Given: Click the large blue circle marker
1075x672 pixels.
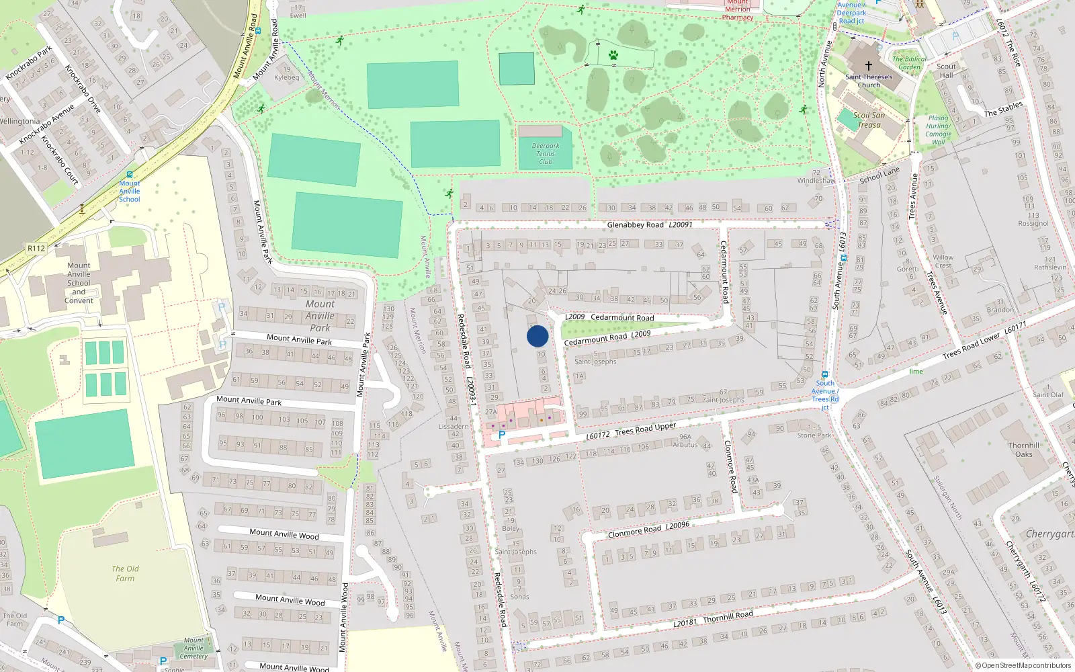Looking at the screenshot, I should click(537, 336).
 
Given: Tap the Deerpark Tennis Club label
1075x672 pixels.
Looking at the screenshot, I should click(546, 154).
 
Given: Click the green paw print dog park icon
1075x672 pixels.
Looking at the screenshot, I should click(613, 55).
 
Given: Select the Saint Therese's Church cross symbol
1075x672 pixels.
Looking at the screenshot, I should click(868, 66).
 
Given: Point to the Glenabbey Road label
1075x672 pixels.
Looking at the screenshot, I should click(635, 225).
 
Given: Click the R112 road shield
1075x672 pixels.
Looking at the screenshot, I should click(36, 249).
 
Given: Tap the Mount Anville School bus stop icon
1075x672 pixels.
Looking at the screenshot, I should click(130, 175).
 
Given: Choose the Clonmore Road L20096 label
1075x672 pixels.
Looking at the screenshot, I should click(648, 530).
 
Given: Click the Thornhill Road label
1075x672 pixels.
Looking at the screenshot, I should click(728, 616).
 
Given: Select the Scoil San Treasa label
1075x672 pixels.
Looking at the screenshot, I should click(869, 120).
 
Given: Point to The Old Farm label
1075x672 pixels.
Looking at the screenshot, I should click(125, 573).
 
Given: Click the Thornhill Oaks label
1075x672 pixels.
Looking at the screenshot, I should click(1023, 450).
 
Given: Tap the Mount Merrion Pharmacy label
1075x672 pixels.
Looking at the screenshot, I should click(738, 9).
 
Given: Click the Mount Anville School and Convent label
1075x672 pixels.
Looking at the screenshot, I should click(79, 283).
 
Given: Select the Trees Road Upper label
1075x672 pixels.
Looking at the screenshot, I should click(645, 429).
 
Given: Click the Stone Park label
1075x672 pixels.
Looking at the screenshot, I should click(814, 435).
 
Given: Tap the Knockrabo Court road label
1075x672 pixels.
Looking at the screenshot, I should click(60, 161).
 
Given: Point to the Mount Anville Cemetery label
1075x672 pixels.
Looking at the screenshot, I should click(193, 648).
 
